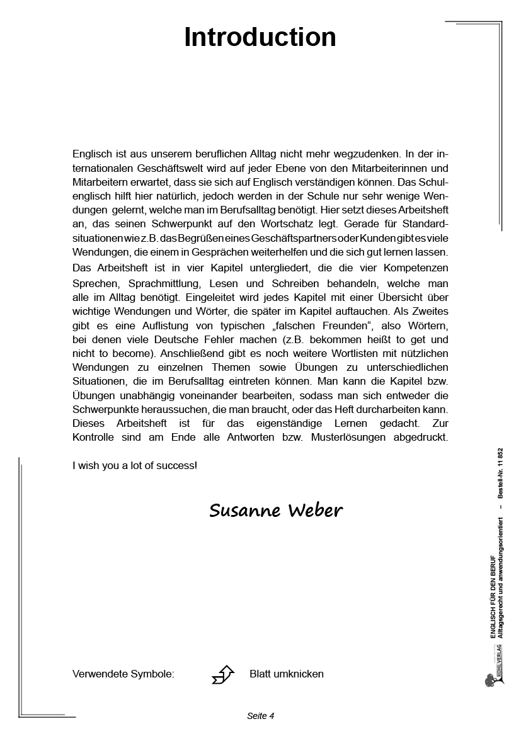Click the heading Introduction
pos(260,37)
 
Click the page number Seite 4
pos(260,716)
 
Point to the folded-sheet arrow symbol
pos(223,674)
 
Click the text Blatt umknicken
pos(286,674)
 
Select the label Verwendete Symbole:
pos(123,674)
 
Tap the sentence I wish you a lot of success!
pos(135,466)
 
